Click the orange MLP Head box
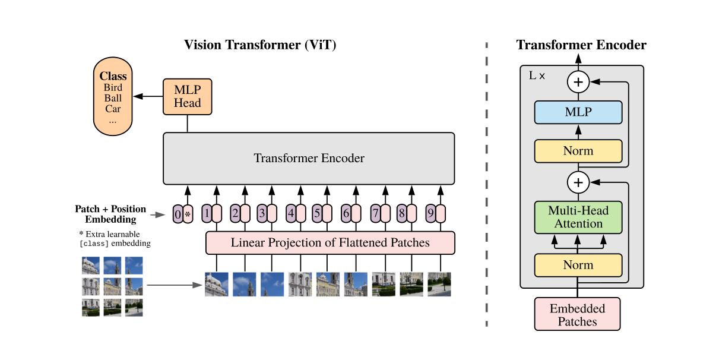point(187,97)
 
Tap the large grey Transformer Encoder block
point(309,159)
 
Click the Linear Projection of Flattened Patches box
point(330,243)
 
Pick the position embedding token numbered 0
point(178,213)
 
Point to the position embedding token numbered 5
point(317,213)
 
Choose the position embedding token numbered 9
point(430,213)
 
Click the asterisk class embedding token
point(188,213)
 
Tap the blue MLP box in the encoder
point(578,112)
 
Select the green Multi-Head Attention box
point(578,217)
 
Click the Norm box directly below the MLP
point(578,151)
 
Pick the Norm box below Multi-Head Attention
point(578,265)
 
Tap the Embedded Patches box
point(577,315)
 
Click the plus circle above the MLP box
point(578,82)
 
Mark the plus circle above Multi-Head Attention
point(578,181)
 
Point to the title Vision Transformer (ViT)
point(260,45)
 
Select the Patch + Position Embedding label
point(110,214)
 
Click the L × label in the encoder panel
point(536,76)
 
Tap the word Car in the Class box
point(113,109)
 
